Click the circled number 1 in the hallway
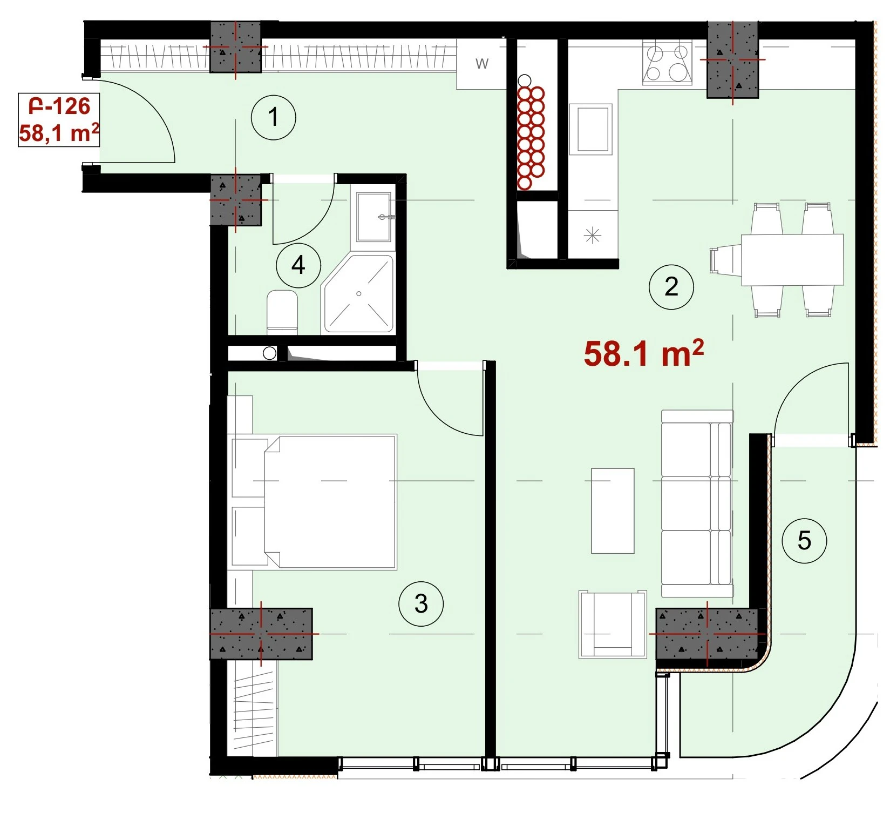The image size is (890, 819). coord(274,117)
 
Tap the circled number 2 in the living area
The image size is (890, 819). coord(671,286)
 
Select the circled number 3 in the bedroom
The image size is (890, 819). coord(421,603)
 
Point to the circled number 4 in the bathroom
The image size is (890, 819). coord(298,265)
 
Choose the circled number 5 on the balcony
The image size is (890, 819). coord(804,541)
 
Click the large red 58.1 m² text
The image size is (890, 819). coord(643,354)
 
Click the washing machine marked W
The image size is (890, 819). coord(482,64)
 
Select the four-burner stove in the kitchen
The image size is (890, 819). coord(667,64)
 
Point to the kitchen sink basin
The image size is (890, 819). coord(593,130)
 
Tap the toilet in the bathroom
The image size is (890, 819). coord(282,310)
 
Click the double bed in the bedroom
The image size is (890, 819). coord(313,502)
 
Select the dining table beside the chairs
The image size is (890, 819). coord(792,260)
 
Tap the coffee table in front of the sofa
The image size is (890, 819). coord(613,511)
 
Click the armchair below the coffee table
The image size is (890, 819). coord(613,624)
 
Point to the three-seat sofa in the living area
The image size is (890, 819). coord(697,504)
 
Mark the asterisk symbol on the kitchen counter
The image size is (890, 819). coord(593,236)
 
